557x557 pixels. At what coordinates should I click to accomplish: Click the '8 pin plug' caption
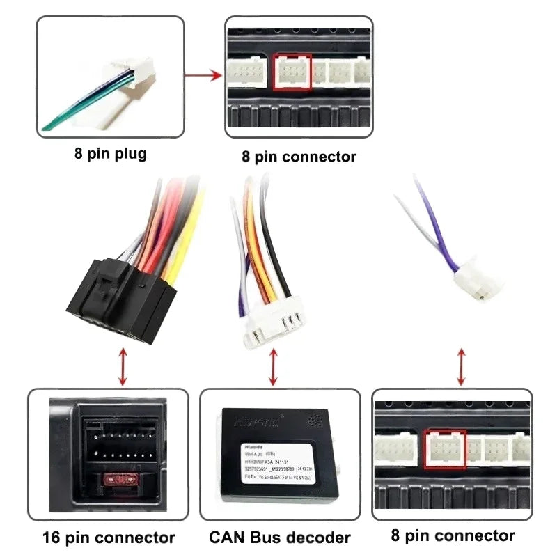[111, 153]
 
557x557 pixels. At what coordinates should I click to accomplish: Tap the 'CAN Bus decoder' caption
[280, 538]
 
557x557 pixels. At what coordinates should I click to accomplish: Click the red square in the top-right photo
[292, 72]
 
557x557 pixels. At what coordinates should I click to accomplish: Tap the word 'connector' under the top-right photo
[320, 157]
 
